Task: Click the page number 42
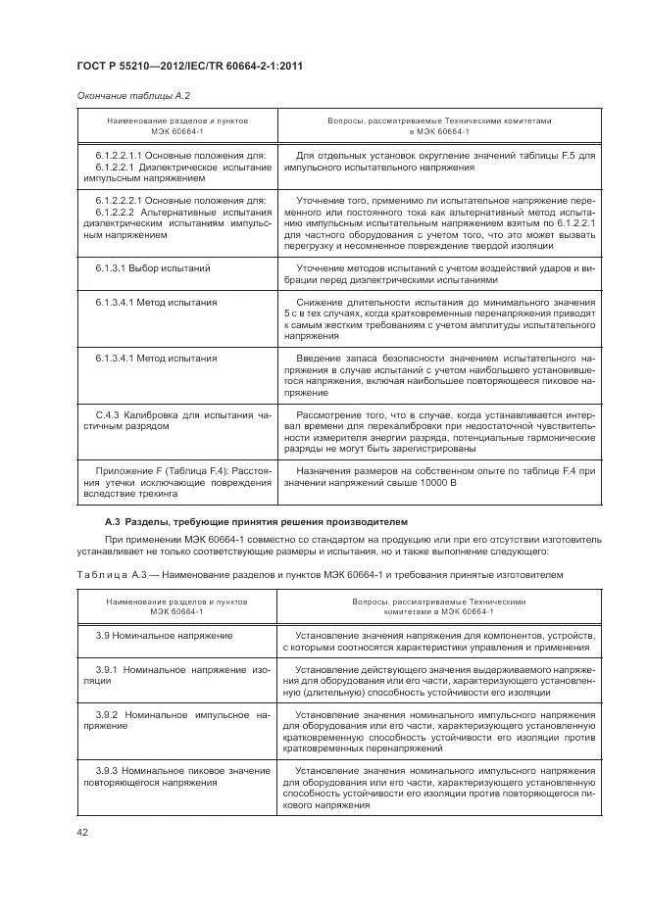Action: [83, 833]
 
